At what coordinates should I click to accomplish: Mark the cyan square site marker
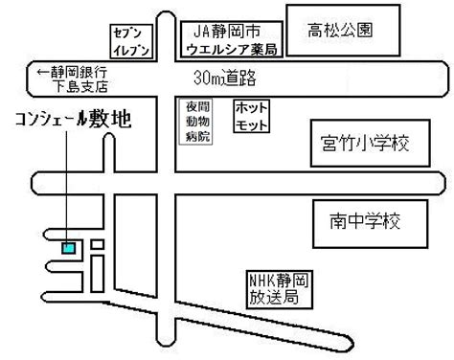pyautogui.click(x=68, y=248)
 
